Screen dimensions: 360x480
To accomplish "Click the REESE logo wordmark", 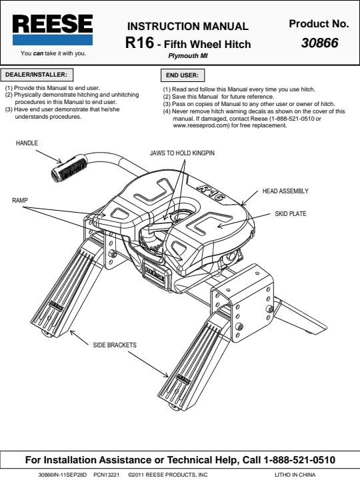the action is click(53, 23).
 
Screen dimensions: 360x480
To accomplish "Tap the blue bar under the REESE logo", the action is click(53, 40).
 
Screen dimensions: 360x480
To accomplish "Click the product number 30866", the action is click(319, 43).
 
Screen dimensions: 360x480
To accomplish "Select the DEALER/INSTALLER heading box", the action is click(37, 75).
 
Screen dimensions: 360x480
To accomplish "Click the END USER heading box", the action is click(183, 75).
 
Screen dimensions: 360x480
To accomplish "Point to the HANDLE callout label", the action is click(27, 143).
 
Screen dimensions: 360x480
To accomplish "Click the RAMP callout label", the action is click(20, 201).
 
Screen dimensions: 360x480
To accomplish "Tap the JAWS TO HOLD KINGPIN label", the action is click(182, 153).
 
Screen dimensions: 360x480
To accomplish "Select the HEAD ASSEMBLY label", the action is click(285, 191).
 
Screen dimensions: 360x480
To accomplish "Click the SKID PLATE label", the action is click(291, 214).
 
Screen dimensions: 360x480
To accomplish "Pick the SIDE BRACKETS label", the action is click(115, 345).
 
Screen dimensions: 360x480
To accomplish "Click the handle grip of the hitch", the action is click(69, 169).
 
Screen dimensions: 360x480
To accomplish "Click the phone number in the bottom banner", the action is click(299, 460).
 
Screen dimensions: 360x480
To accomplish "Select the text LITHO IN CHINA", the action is click(295, 475).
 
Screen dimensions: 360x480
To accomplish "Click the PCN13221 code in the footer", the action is click(107, 475).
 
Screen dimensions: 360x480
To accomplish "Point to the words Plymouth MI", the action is click(188, 56).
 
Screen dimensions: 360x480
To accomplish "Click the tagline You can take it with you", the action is click(53, 53).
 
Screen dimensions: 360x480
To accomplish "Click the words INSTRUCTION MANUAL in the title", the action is click(187, 26).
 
